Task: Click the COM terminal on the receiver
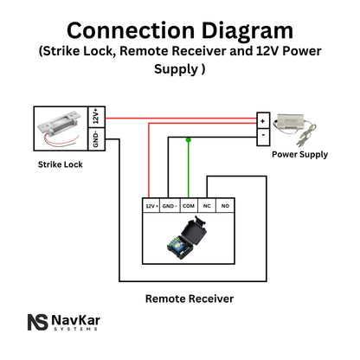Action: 188,208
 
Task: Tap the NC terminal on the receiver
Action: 208,208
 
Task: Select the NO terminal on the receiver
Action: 226,208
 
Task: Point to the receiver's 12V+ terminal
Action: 151,208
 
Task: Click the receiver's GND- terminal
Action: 170,208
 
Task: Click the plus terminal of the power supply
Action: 262,119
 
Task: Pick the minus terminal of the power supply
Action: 262,134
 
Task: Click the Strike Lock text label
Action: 61,164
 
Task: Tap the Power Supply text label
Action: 299,155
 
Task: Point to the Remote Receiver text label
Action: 189,299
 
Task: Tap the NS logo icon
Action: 38,323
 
